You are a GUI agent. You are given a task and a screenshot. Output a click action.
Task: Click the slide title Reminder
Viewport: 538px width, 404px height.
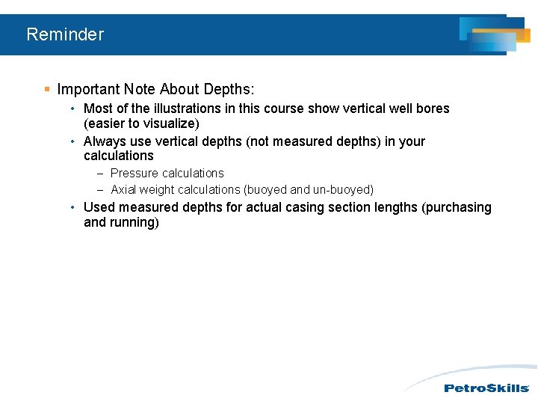[65, 34]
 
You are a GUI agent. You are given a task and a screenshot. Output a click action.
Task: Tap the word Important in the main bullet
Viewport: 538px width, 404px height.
[87, 90]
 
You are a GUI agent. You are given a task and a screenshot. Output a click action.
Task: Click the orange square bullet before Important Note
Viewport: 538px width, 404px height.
[46, 90]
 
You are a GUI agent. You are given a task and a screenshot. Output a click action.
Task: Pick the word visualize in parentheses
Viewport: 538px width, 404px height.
[168, 123]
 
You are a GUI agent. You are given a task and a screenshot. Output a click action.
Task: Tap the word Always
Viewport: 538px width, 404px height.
[103, 141]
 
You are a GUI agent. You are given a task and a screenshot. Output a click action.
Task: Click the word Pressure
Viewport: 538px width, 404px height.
[134, 173]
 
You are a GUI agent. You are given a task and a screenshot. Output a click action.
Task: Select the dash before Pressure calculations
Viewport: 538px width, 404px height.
[99, 173]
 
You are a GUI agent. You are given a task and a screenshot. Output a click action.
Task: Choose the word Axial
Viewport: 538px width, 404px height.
[125, 190]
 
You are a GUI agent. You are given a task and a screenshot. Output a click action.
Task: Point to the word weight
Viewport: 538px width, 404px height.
[161, 190]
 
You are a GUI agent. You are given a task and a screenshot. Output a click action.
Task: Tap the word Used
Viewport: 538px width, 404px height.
[99, 207]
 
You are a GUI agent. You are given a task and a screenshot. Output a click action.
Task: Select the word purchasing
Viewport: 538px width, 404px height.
[459, 207]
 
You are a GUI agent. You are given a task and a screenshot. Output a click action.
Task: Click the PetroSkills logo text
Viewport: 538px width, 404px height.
[486, 388]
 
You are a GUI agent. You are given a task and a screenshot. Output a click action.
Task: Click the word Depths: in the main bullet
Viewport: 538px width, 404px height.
[228, 90]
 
